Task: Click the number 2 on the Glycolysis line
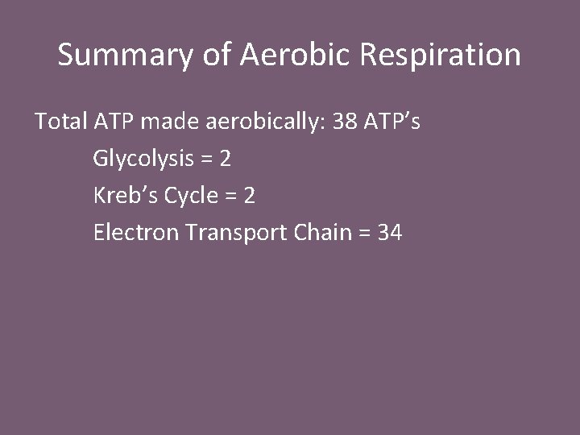pos(226,159)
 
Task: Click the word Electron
pos(136,234)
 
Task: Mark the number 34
pos(390,234)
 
